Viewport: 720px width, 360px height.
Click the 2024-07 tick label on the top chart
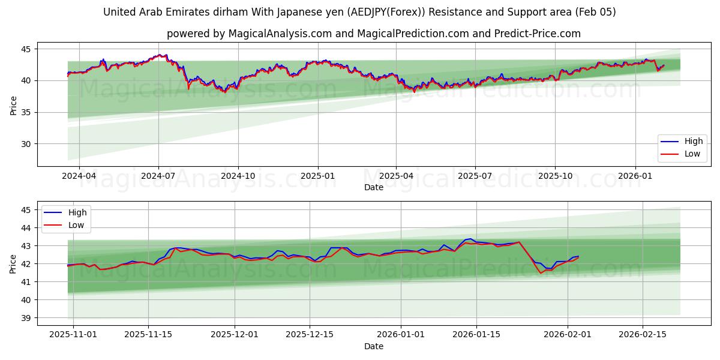[158, 176]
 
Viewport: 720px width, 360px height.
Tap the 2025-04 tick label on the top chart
[396, 176]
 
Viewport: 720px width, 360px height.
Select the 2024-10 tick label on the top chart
[238, 176]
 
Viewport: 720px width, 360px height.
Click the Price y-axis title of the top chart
[13, 106]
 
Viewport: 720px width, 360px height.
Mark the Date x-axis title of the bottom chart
[374, 347]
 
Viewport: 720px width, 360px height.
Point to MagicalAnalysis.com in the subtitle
[280, 34]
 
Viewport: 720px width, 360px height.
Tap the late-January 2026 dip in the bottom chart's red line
[541, 273]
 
